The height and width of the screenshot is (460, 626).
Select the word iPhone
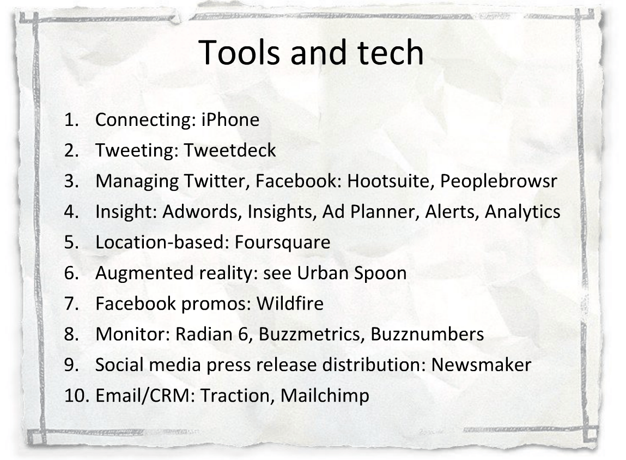coord(230,119)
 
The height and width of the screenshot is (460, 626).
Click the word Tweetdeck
coord(229,150)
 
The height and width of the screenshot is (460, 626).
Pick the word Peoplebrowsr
coord(499,181)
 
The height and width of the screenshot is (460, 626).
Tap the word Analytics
coord(522,211)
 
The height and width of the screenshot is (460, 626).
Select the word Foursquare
coord(282,243)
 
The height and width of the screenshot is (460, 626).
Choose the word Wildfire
coord(290,303)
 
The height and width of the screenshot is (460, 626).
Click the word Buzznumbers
coord(427,334)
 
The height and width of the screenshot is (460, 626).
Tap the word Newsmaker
coord(481,365)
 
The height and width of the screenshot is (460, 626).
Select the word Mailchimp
coord(325,396)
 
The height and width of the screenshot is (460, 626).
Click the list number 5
coord(71,243)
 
